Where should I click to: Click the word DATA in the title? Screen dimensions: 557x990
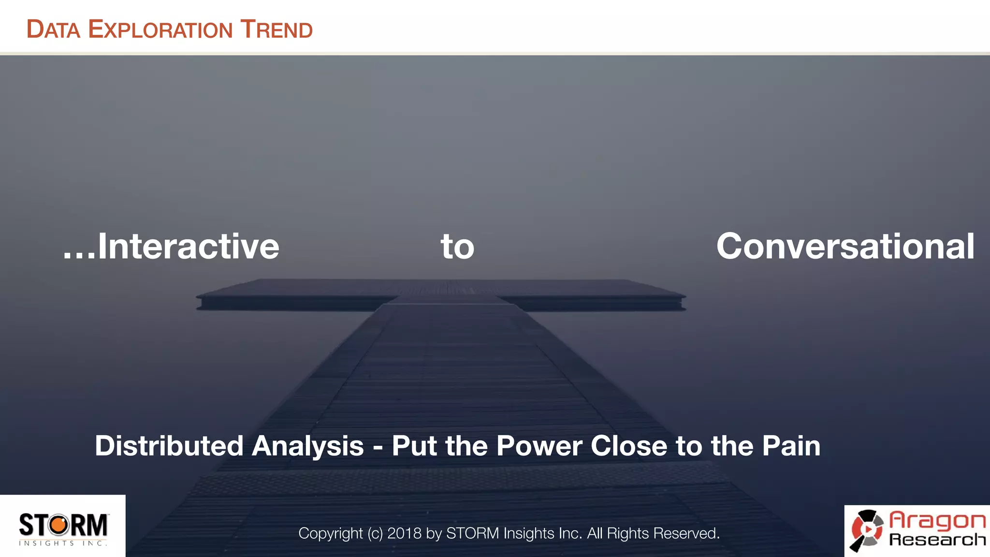[53, 29]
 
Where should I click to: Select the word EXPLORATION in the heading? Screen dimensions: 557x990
[160, 29]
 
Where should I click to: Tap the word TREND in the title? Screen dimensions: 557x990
[277, 29]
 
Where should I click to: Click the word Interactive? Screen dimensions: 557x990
[189, 247]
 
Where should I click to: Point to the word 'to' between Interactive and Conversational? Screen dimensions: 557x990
[457, 247]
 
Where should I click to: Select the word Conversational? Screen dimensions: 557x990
[845, 247]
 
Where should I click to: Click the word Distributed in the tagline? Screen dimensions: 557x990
[169, 446]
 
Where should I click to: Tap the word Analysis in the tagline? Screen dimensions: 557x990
[307, 446]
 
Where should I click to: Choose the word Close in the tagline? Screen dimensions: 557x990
[629, 446]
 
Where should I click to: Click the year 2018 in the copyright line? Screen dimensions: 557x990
[404, 533]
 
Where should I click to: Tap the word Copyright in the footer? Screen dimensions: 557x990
[330, 533]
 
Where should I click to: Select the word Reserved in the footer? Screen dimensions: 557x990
[686, 533]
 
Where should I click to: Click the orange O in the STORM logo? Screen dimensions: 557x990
[59, 525]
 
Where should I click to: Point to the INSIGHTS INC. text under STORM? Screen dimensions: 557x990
[63, 543]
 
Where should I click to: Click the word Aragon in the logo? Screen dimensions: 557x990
[937, 520]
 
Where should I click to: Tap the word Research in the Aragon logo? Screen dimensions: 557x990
[937, 540]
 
